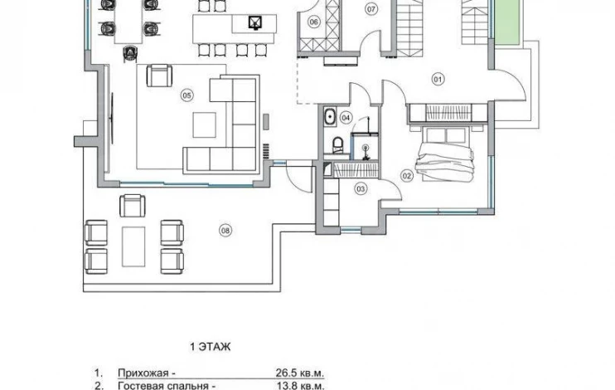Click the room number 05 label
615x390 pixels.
pyautogui.click(x=187, y=95)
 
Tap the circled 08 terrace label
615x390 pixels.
pyautogui.click(x=225, y=231)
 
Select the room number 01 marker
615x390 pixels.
pyautogui.click(x=438, y=80)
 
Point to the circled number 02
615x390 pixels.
pyautogui.click(x=407, y=176)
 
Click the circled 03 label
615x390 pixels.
pyautogui.click(x=361, y=189)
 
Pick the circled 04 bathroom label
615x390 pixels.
pyautogui.click(x=346, y=118)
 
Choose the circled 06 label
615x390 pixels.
pyautogui.click(x=314, y=22)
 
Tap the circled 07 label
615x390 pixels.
pyautogui.click(x=371, y=9)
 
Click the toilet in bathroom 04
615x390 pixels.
pyautogui.click(x=337, y=144)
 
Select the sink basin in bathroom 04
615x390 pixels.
pyautogui.click(x=330, y=117)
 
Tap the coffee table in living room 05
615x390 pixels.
pyautogui.click(x=205, y=125)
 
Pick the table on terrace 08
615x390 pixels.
pyautogui.click(x=133, y=246)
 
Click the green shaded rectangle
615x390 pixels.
pyautogui.click(x=507, y=22)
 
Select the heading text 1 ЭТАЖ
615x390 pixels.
pyautogui.click(x=211, y=347)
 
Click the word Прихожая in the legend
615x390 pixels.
pyautogui.click(x=143, y=373)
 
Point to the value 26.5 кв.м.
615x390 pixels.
pyautogui.click(x=300, y=373)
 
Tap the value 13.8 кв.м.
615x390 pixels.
pyautogui.click(x=300, y=386)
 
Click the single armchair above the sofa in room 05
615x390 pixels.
pyautogui.click(x=159, y=76)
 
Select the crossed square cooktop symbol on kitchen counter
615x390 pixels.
pyautogui.click(x=255, y=22)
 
